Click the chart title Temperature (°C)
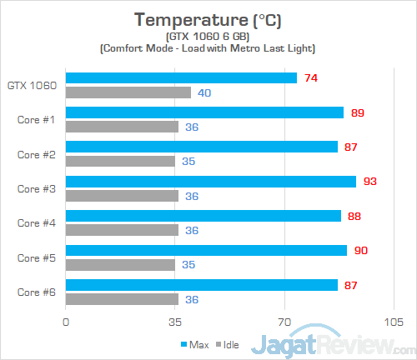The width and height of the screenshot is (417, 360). (208, 19)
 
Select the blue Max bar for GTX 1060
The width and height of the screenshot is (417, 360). (181, 78)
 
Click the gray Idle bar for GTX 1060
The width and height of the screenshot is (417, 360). (128, 92)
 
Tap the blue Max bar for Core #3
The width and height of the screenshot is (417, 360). (211, 182)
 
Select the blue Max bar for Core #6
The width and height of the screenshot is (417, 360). (202, 285)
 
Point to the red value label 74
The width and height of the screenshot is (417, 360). (310, 78)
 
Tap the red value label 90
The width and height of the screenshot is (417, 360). (360, 250)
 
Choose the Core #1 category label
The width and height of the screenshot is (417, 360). (36, 119)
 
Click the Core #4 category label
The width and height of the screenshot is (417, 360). (36, 223)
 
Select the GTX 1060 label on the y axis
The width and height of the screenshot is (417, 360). (32, 85)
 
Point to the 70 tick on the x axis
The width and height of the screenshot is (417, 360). (284, 321)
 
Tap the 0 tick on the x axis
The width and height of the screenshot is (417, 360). (66, 321)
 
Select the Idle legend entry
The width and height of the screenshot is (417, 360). (224, 343)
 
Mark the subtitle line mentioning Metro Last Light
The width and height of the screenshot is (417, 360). (208, 49)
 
